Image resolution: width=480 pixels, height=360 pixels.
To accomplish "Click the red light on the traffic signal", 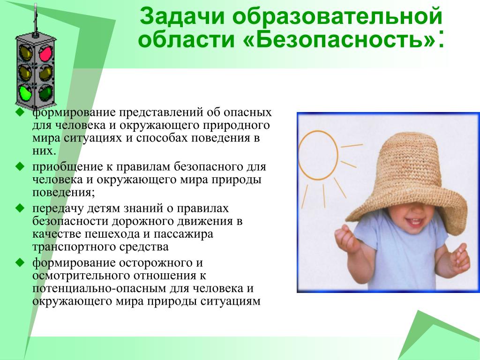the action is point(45,53).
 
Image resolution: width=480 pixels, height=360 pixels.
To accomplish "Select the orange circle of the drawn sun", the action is point(318,155).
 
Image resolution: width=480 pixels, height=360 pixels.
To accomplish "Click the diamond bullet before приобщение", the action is point(20,166).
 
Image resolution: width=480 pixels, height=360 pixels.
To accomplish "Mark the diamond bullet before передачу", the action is point(20,208).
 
